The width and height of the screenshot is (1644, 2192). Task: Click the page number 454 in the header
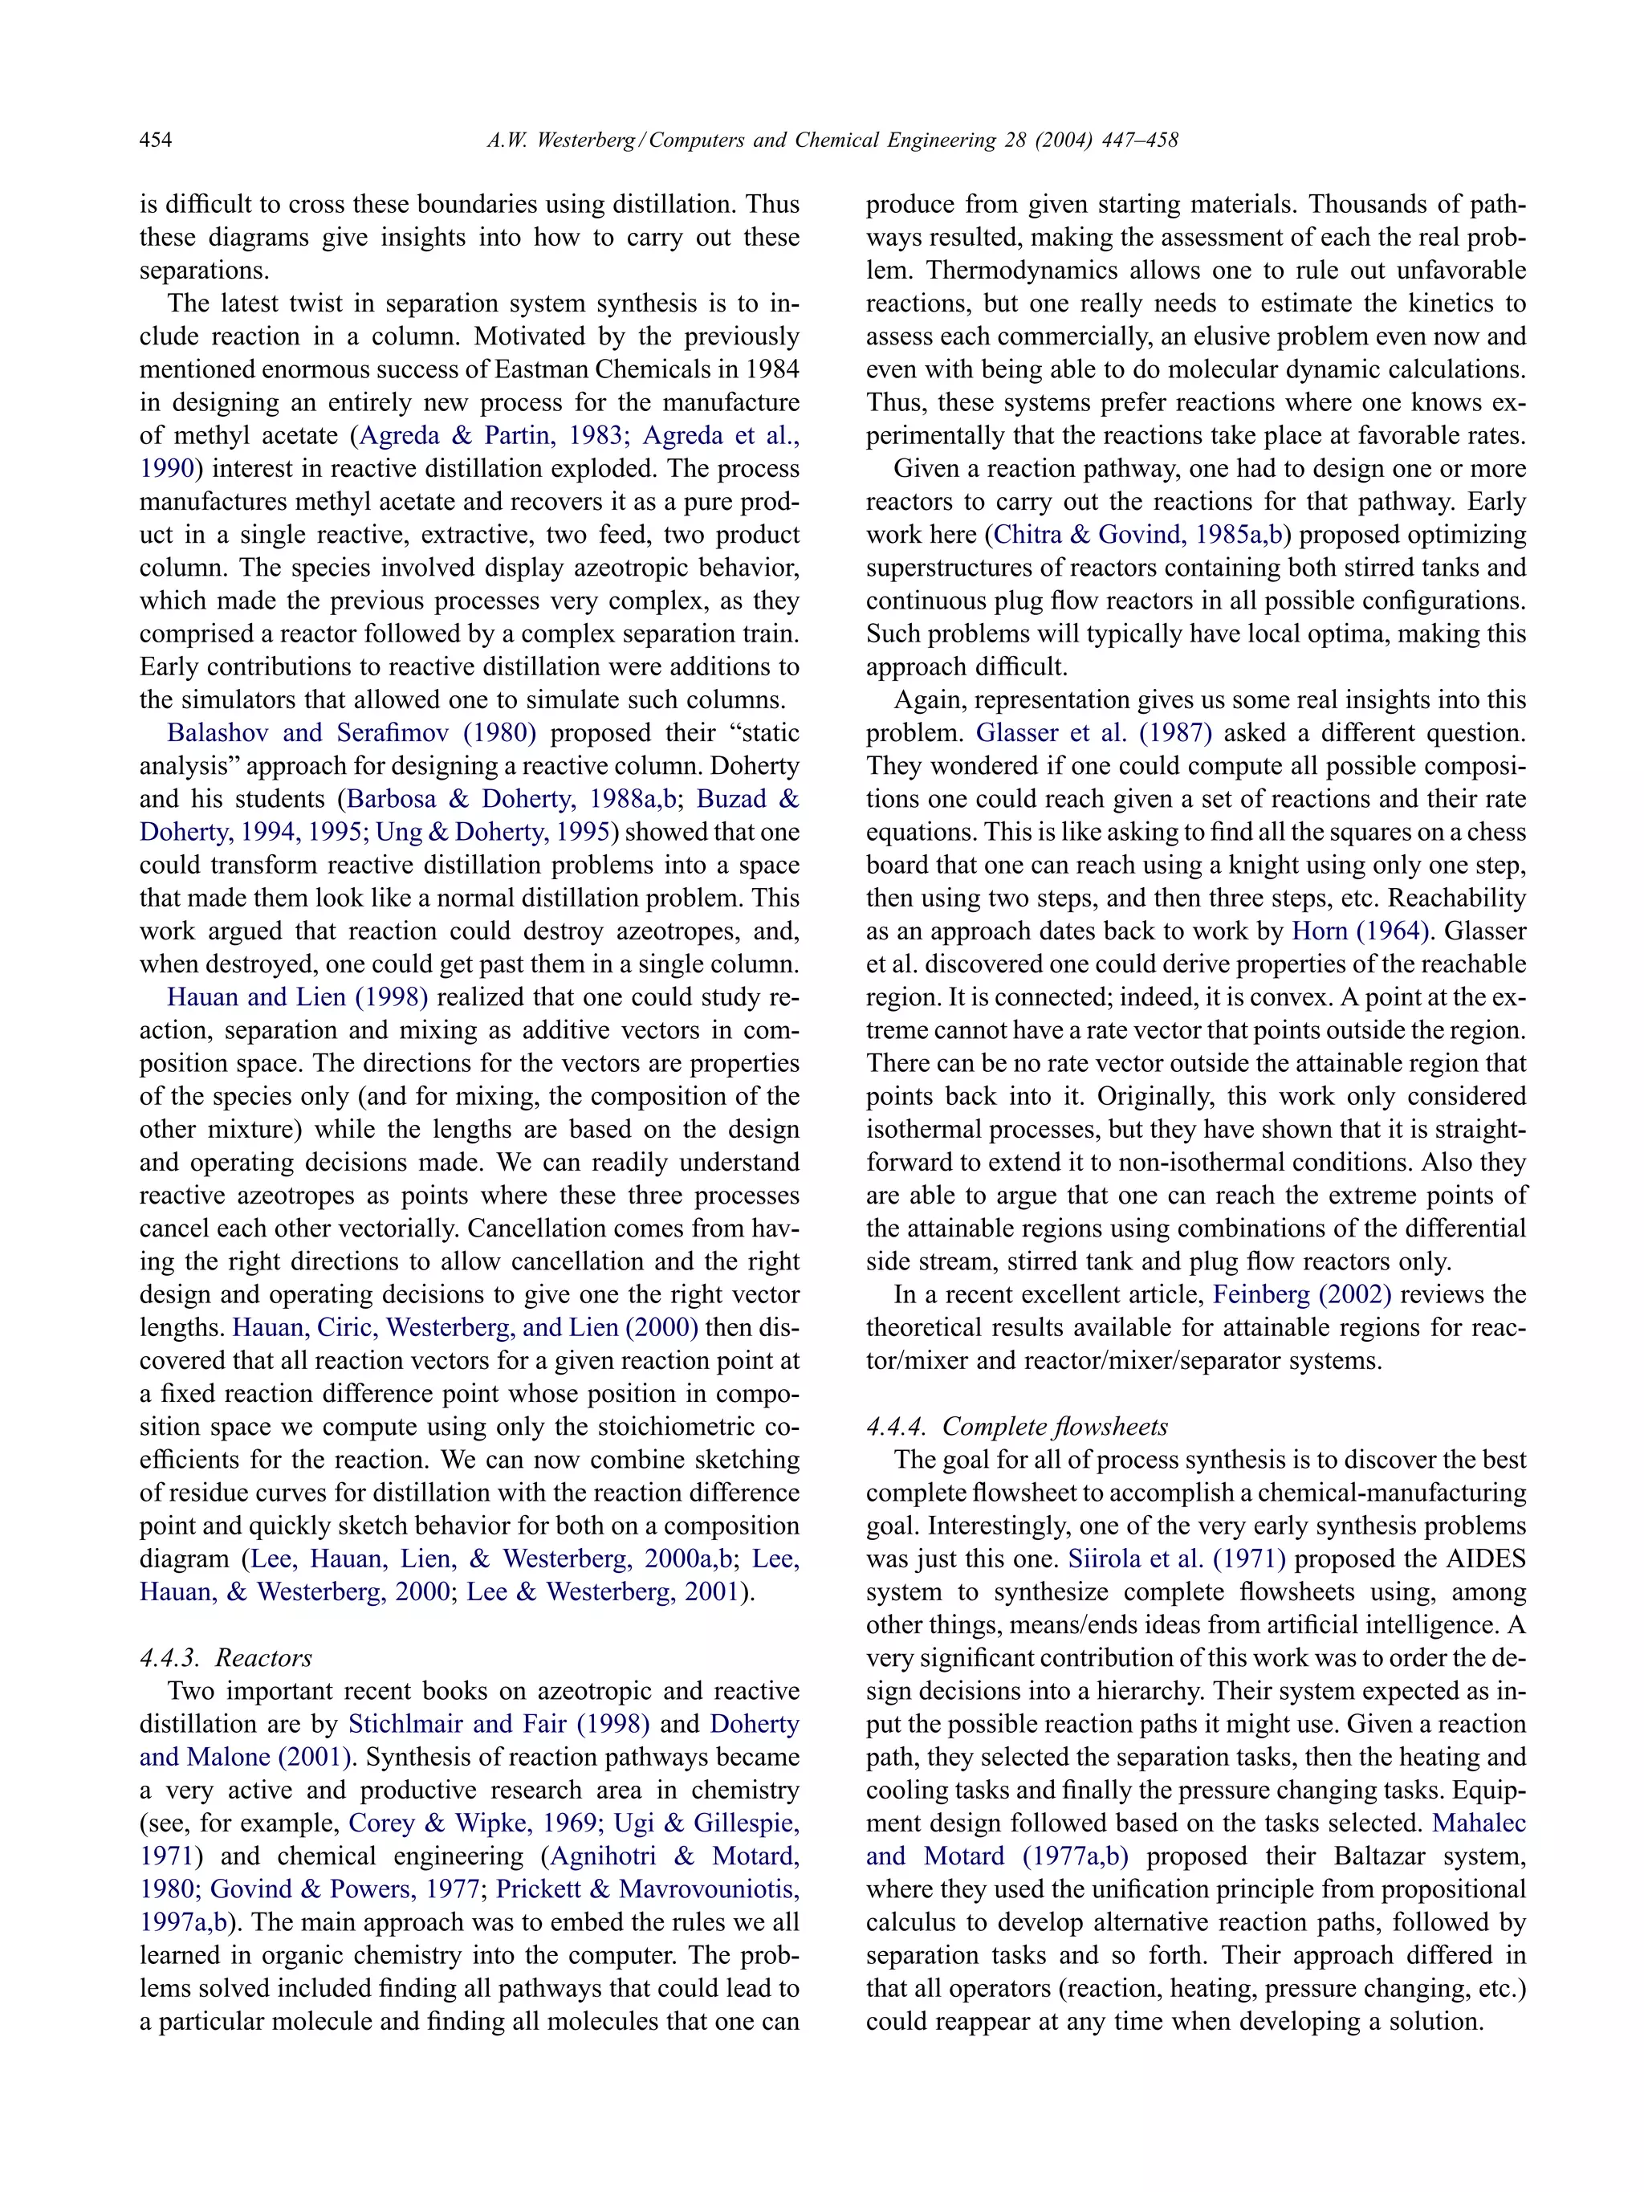tap(156, 140)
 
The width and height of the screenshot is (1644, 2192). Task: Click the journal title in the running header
tap(832, 140)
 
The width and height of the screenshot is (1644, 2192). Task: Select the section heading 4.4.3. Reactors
tap(226, 1658)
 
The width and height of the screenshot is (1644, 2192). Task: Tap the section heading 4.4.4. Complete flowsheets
tap(1017, 1426)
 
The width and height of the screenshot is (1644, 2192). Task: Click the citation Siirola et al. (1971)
tap(1176, 1558)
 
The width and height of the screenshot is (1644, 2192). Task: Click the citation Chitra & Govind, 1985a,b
tap(1137, 534)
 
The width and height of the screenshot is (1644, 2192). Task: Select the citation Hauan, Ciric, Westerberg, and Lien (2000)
tap(466, 1327)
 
